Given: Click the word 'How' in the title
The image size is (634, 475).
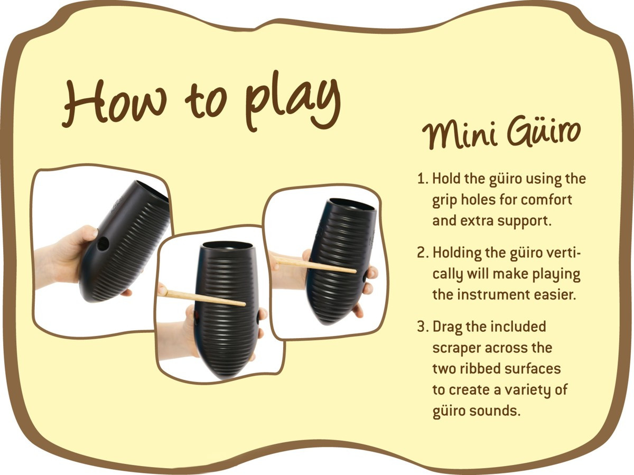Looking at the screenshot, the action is click(x=114, y=103).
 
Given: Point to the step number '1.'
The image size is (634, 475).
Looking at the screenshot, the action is click(x=423, y=179).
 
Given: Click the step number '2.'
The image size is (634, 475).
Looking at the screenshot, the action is click(x=423, y=253).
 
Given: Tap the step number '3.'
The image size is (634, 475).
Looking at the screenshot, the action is click(x=423, y=327).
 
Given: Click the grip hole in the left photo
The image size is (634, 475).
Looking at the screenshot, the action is click(x=103, y=244).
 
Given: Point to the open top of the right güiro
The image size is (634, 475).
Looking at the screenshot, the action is click(x=353, y=203).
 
